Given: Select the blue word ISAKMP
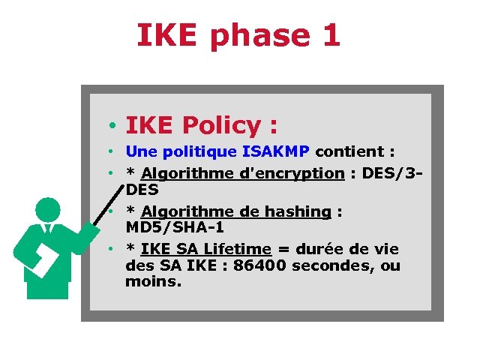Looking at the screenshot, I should [x=275, y=151].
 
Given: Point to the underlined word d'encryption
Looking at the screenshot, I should [x=291, y=173].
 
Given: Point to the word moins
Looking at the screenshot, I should [x=154, y=282].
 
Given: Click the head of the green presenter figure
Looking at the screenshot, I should [x=47, y=209].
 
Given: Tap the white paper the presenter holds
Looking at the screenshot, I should [x=43, y=259].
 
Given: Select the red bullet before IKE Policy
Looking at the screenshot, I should [x=109, y=124].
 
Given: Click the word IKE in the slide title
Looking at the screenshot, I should [x=169, y=35].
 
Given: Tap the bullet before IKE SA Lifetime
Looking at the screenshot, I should [x=109, y=248].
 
